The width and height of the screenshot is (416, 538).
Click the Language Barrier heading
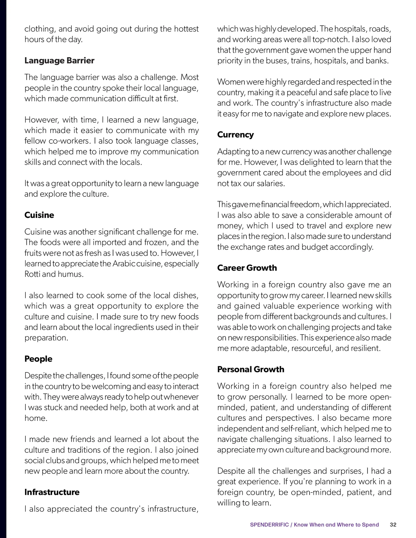coord(59,61)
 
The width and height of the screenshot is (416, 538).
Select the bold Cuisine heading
coord(39,215)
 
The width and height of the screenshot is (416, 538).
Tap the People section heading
coord(38,359)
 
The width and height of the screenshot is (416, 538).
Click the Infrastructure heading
coord(52,492)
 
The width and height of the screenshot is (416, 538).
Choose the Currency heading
coord(235,135)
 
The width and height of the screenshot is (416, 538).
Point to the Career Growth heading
coord(247,268)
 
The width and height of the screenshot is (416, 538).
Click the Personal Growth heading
coord(251,369)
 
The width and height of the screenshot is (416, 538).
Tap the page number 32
coord(393,524)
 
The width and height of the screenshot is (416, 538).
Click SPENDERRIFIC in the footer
coord(269,524)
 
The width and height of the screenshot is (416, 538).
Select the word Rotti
coord(32,274)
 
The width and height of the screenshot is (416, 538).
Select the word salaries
coord(268,184)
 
